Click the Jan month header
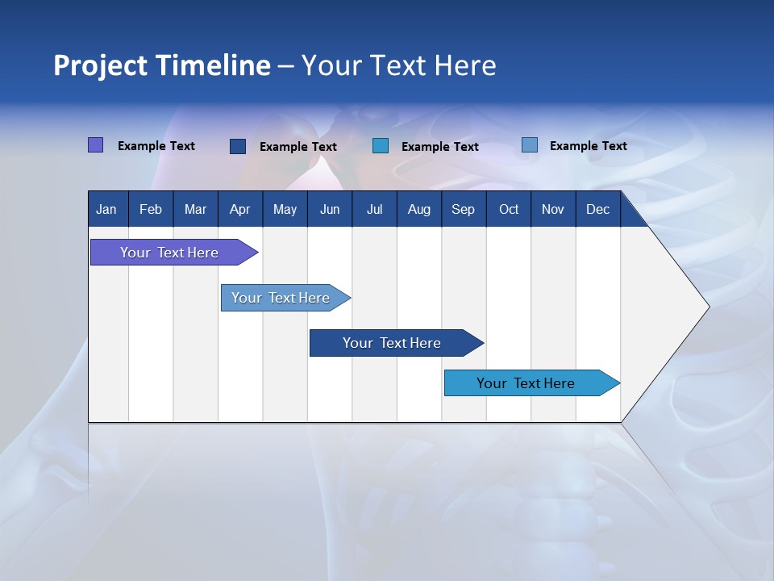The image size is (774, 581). (107, 210)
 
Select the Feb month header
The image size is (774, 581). (151, 210)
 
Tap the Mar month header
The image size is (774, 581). (195, 210)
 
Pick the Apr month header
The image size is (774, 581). (240, 210)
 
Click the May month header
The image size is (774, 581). (285, 210)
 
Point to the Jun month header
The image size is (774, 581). (330, 210)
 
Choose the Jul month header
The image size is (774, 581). (374, 210)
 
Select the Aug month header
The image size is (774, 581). (419, 210)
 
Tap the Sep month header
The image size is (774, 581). (464, 210)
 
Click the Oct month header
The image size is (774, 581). (509, 210)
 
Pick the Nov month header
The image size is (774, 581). (553, 210)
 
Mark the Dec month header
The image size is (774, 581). (598, 210)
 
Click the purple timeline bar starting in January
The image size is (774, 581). (169, 253)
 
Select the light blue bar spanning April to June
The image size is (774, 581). (281, 298)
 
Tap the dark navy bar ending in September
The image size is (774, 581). (392, 343)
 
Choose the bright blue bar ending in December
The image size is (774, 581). (526, 383)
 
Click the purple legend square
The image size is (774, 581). (96, 145)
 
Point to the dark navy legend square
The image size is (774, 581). (238, 146)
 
